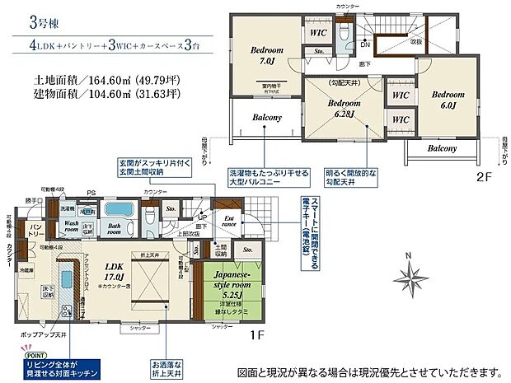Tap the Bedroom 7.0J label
click(268, 55)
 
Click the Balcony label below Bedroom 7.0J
click(265, 118)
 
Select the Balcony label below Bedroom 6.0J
click(442, 148)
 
